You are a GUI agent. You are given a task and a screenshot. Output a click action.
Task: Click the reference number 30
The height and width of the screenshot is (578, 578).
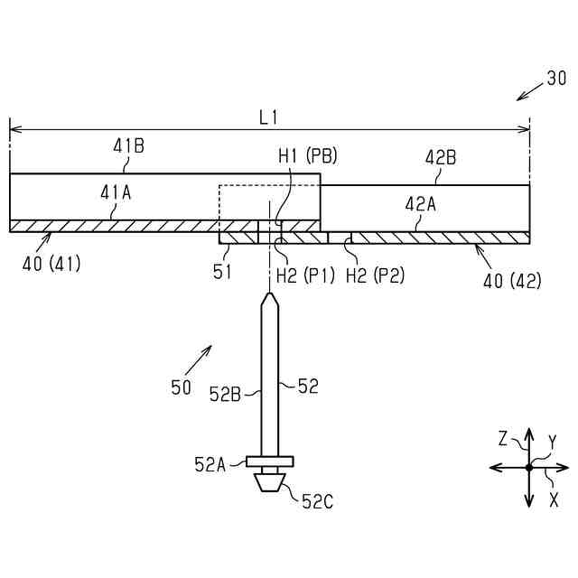[x=556, y=79]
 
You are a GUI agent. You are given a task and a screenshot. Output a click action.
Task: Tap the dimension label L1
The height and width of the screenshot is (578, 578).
[x=268, y=117]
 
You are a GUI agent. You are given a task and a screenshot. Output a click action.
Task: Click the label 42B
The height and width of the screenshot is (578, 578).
[x=441, y=157]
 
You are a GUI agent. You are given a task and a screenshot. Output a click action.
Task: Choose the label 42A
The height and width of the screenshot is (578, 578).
[x=420, y=204]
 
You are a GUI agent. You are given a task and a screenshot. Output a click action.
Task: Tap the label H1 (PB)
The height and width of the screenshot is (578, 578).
[x=307, y=156]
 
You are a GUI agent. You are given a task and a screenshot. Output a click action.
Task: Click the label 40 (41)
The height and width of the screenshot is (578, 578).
[x=51, y=265]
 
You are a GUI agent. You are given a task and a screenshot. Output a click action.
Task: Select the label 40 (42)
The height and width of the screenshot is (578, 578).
[x=512, y=280]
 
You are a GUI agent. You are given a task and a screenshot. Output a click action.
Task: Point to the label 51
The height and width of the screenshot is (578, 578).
[x=222, y=271]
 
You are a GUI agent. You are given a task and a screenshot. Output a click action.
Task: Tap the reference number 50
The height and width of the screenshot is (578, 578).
[x=181, y=387]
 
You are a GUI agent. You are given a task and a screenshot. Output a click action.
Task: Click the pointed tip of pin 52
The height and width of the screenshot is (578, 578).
[x=269, y=295]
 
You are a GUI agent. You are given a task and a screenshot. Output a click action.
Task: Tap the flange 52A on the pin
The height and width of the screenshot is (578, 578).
[x=269, y=462]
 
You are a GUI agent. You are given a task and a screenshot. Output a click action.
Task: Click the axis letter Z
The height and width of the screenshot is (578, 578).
[x=504, y=440]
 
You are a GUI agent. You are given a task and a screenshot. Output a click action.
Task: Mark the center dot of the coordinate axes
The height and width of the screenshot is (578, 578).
[x=529, y=467]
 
